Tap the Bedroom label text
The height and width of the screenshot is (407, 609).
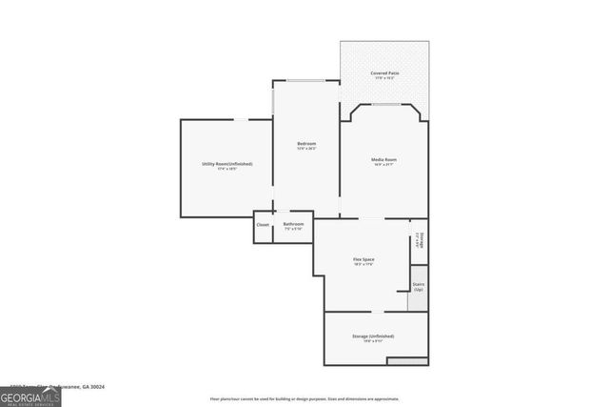pyautogui.click(x=306, y=144)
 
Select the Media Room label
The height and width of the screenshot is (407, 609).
pyautogui.click(x=384, y=159)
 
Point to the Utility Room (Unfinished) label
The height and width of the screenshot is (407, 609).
pyautogui.click(x=226, y=164)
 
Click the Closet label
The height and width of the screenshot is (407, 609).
pyautogui.click(x=263, y=225)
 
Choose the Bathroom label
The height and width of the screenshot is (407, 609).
pyautogui.click(x=293, y=224)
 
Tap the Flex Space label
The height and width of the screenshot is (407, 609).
pyautogui.click(x=363, y=259)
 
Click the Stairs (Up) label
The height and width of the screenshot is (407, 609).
pyautogui.click(x=418, y=286)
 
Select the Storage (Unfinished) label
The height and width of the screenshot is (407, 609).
pyautogui.click(x=373, y=336)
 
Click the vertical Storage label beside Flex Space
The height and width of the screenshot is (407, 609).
pyautogui.click(x=421, y=240)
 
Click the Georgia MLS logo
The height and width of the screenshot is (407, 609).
pyautogui.click(x=29, y=397)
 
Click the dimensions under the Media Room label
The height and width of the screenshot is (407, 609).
pyautogui.click(x=384, y=165)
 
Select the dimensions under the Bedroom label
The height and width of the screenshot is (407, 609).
pyautogui.click(x=306, y=150)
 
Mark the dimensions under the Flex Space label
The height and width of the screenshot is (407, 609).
pyautogui.click(x=363, y=265)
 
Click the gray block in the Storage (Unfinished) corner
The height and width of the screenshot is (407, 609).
pyautogui.click(x=407, y=361)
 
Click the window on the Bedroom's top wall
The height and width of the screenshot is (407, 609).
pyautogui.click(x=306, y=80)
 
